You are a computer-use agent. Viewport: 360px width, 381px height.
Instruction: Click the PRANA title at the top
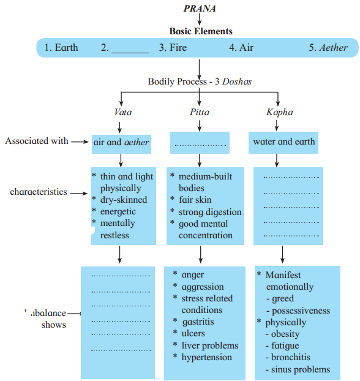(x=200, y=8)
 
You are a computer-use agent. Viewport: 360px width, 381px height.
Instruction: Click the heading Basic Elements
(x=201, y=31)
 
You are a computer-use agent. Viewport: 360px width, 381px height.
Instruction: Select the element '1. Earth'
(x=61, y=47)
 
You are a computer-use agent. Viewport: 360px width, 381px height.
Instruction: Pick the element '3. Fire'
(x=173, y=47)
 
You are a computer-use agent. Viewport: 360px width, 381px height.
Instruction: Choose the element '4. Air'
(x=241, y=47)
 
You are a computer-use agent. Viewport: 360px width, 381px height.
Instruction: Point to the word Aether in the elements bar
(x=333, y=47)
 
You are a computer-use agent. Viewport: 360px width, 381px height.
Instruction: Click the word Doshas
(x=237, y=81)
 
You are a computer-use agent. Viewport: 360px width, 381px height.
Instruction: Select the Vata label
(x=123, y=112)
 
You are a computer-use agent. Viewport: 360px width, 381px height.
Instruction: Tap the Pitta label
(x=200, y=112)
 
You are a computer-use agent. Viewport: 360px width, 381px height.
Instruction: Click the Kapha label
(x=280, y=112)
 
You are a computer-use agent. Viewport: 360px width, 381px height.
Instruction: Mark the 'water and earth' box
(x=283, y=143)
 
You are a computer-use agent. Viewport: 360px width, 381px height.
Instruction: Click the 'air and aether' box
(x=121, y=144)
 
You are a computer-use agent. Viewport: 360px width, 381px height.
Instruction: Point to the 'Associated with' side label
(x=37, y=141)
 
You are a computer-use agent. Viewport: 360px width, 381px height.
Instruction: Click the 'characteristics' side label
(x=39, y=192)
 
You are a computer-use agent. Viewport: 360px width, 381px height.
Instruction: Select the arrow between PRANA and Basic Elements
(x=200, y=19)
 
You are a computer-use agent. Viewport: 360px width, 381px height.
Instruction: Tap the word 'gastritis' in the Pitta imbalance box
(x=198, y=322)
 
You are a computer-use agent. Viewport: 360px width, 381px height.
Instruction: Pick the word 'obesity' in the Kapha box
(x=285, y=334)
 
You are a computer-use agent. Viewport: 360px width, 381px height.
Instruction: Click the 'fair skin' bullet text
(x=195, y=200)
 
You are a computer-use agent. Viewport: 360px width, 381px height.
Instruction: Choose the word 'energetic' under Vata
(x=118, y=212)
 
